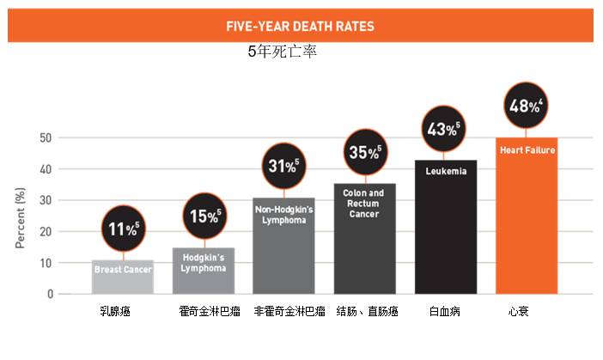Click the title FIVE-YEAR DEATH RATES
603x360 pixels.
(x=300, y=26)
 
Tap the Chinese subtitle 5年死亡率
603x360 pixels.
(x=282, y=52)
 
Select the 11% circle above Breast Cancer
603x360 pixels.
(x=124, y=229)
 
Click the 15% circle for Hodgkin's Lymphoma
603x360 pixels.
(x=203, y=216)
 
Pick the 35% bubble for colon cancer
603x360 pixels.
(x=364, y=152)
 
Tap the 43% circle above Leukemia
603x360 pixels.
(x=442, y=130)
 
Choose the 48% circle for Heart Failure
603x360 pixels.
(x=526, y=107)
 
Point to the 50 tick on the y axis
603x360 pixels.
(x=44, y=137)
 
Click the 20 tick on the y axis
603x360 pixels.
(x=44, y=231)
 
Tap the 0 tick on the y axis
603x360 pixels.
(x=49, y=294)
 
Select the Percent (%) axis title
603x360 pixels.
(x=20, y=215)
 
